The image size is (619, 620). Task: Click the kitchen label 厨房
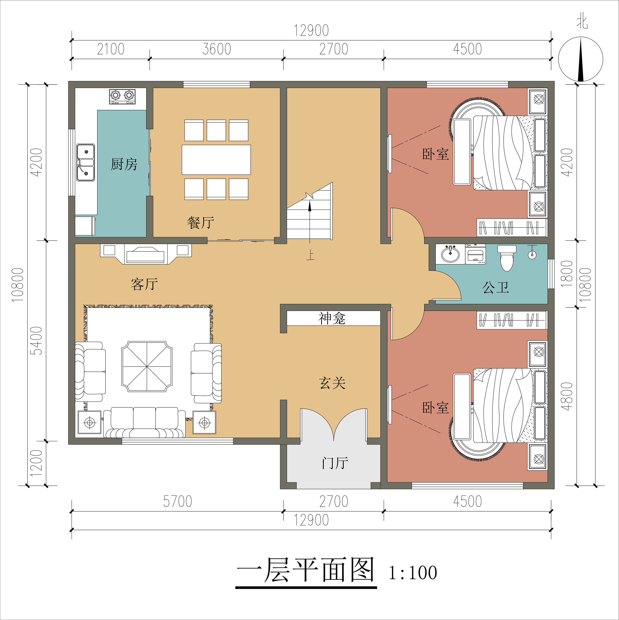click(124, 164)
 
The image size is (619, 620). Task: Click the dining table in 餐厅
click(216, 159)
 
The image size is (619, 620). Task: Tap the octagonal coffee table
click(147, 367)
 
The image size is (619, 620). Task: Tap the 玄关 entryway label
click(332, 383)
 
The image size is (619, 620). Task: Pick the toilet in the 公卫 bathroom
click(507, 258)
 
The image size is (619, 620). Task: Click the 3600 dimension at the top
click(217, 49)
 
